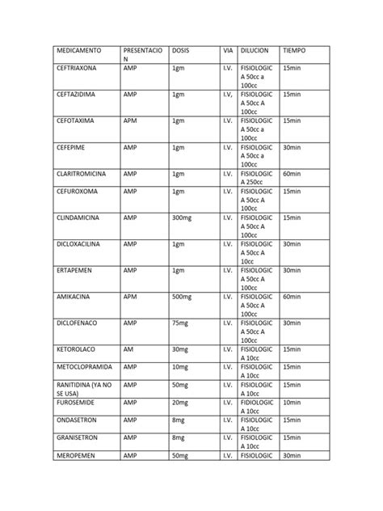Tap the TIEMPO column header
tap(297, 51)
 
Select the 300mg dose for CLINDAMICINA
tap(182, 217)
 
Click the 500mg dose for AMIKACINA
tap(182, 297)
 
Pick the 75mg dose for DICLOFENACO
tap(180, 323)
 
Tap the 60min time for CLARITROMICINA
tap(293, 174)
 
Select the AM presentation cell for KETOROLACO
tap(128, 348)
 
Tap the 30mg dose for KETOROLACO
tap(180, 348)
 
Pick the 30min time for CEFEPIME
tap(293, 148)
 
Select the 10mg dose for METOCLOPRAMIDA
tap(180, 366)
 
